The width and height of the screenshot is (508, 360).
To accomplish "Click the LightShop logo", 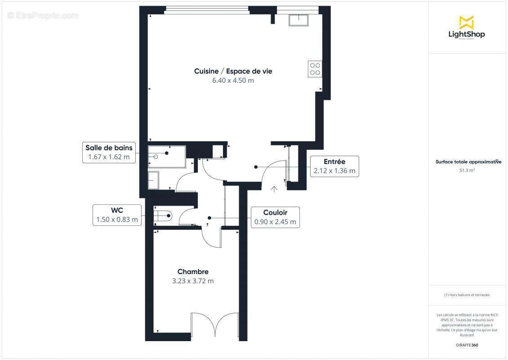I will click(466, 28).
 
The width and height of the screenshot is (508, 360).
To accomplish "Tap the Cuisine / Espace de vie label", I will click(233, 71).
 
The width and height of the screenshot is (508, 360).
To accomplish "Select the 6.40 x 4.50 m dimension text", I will click(233, 81).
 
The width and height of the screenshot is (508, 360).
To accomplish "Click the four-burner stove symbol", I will click(315, 69).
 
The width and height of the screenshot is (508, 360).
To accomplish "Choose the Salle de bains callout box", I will click(109, 153).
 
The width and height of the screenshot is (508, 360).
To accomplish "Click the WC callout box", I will click(117, 215).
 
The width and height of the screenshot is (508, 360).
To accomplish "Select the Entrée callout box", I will click(334, 166).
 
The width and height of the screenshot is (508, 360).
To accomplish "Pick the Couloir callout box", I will click(275, 217).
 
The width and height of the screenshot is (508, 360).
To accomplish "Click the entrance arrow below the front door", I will click(274, 189).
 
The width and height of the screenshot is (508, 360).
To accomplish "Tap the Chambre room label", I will click(193, 272).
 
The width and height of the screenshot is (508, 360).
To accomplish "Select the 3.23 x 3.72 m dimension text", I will click(193, 281).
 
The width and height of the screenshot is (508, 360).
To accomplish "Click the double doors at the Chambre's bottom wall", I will click(215, 324).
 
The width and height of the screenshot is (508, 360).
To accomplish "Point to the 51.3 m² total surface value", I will click(467, 171).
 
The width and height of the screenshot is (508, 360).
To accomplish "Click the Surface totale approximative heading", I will click(468, 162).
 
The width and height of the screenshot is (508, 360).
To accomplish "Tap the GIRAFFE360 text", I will click(467, 345).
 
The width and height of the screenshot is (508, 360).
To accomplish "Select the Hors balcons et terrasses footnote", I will click(467, 295).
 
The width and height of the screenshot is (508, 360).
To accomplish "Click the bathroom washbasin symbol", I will click(153, 180).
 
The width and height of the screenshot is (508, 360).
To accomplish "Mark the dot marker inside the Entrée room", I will click(256, 167).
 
